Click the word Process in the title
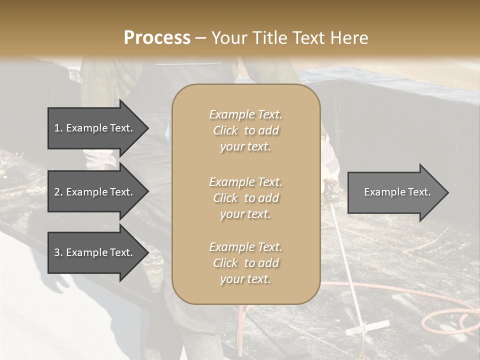tap(157, 38)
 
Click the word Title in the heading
tap(271, 38)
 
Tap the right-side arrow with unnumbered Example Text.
tap(397, 192)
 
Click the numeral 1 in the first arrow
tap(56, 128)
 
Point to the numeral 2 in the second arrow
tap(57, 192)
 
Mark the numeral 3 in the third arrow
tap(57, 252)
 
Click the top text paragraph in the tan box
tap(245, 130)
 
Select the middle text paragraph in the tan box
tap(245, 198)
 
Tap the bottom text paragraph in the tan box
tap(245, 263)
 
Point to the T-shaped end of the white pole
tap(367, 328)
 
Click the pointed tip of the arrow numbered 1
tap(147, 128)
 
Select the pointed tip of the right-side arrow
tap(447, 192)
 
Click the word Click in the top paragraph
tap(225, 130)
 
